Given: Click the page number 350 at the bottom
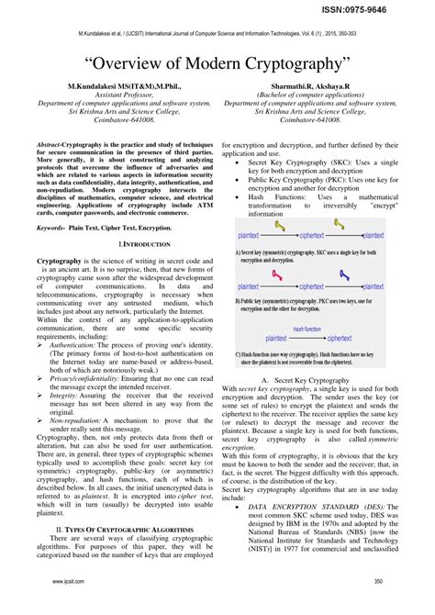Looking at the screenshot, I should [378, 607].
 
